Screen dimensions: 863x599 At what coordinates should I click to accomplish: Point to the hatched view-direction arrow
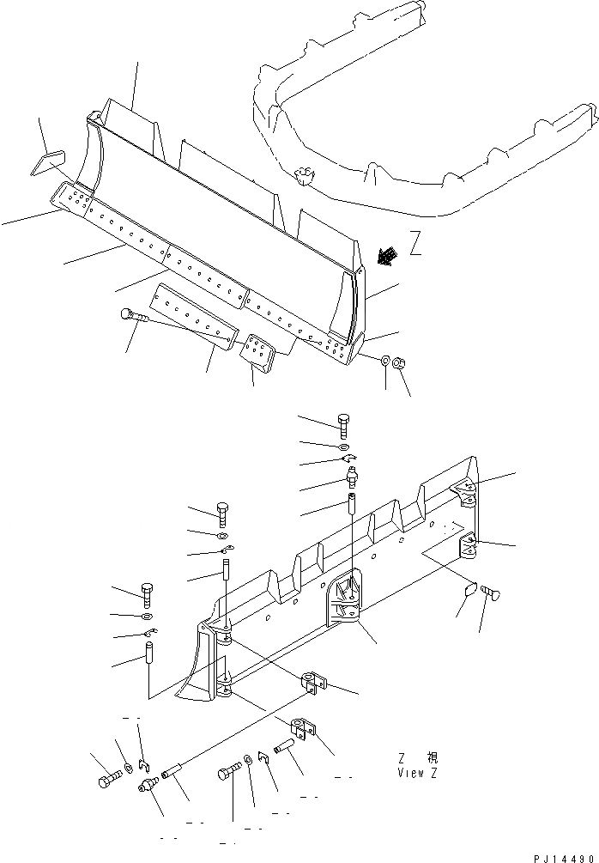coord(388,255)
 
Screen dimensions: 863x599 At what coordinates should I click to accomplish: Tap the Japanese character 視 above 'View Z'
coord(432,757)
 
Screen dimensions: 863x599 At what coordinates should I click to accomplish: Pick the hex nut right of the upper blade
coord(398,364)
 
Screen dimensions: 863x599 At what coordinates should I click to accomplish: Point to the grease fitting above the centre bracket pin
coord(351,476)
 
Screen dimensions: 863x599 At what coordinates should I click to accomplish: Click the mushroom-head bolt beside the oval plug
coord(493,593)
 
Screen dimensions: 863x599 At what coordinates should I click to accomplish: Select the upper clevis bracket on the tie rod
coord(313,685)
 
